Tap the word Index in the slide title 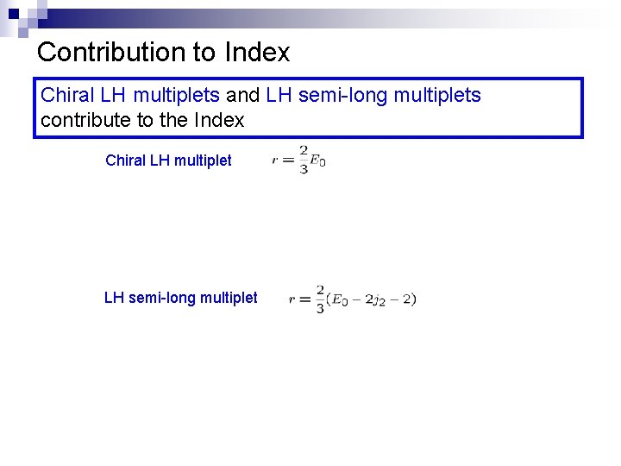pyautogui.click(x=257, y=52)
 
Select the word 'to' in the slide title pyautogui.click(x=204, y=52)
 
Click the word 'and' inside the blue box pyautogui.click(x=242, y=95)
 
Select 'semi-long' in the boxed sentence pyautogui.click(x=340, y=95)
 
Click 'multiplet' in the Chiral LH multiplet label pyautogui.click(x=203, y=161)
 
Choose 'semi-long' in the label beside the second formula pyautogui.click(x=161, y=298)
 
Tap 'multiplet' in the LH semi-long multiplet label pyautogui.click(x=229, y=298)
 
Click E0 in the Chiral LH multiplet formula pyautogui.click(x=317, y=161)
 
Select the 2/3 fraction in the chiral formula pyautogui.click(x=304, y=160)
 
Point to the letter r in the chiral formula pyautogui.click(x=275, y=160)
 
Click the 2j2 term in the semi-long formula pyautogui.click(x=378, y=300)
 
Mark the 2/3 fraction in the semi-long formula pyautogui.click(x=320, y=299)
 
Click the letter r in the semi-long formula pyautogui.click(x=292, y=299)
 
